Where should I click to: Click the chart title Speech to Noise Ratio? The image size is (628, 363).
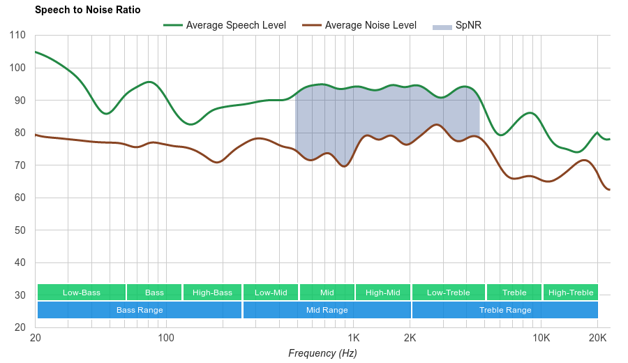tap(87, 10)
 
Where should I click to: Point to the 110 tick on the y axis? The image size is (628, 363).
tap(18, 36)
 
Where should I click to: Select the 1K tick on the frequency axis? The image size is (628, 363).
tap(352, 338)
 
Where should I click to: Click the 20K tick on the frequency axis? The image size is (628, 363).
tap(597, 338)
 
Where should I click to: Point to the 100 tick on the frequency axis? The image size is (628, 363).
tap(166, 338)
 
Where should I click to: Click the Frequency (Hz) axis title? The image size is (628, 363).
tap(322, 353)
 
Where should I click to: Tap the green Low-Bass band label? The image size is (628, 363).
tap(82, 292)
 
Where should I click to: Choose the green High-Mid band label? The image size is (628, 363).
tap(383, 292)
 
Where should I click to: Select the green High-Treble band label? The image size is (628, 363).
tap(571, 292)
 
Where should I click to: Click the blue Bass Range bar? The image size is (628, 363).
tap(140, 310)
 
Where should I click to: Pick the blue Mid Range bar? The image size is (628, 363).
tap(327, 310)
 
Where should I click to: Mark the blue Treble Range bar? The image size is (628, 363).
tap(505, 310)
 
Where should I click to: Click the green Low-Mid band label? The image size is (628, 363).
tap(271, 292)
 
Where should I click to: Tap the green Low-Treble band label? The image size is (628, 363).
tap(449, 292)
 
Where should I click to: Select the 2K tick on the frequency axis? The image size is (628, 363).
tap(410, 338)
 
